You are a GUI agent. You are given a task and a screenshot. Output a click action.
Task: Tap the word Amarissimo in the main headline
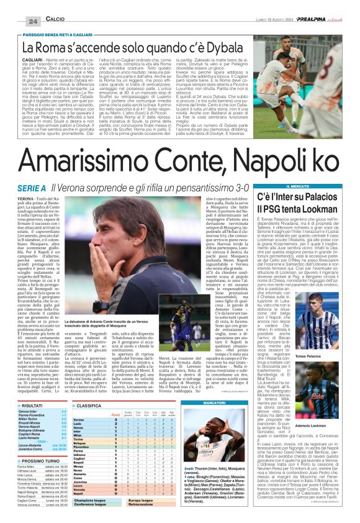[x=87, y=148]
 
